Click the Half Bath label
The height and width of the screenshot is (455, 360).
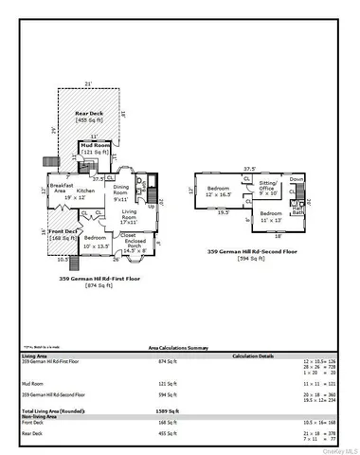(297, 211)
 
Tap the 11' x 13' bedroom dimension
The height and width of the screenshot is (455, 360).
(271, 219)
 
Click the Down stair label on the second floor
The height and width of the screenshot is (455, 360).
(297, 178)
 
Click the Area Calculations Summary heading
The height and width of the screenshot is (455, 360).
(180, 348)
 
